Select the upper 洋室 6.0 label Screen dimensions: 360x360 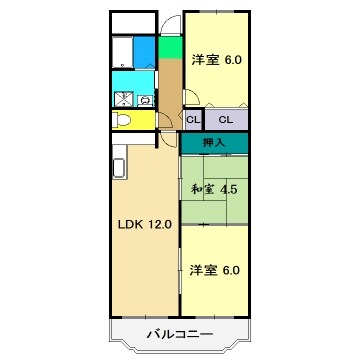pyautogui.click(x=217, y=60)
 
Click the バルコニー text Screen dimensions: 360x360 pyautogui.click(x=180, y=332)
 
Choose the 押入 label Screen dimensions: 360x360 pyautogui.click(x=214, y=143)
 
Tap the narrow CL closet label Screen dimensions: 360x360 pyautogui.click(x=192, y=120)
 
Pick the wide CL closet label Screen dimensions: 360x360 pyautogui.click(x=226, y=120)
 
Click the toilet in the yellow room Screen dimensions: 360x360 pyautogui.click(x=122, y=121)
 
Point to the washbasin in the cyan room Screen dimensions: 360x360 pyautogui.click(x=145, y=100)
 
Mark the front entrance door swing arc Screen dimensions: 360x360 pyautogui.click(x=170, y=25)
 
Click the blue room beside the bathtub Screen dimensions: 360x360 pyautogui.click(x=145, y=51)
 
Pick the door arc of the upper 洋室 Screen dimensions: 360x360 pyautogui.click(x=196, y=99)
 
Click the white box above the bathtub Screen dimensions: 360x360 pyautogui.click(x=133, y=21)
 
